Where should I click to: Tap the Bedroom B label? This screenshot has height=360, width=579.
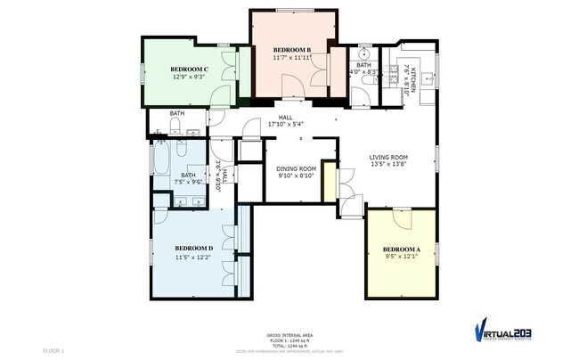point(291,49)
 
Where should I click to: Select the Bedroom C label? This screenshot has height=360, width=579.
point(190,69)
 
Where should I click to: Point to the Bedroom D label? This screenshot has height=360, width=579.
point(192,247)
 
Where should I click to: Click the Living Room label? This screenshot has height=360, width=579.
point(388,158)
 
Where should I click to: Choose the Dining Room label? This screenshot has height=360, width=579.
point(296,168)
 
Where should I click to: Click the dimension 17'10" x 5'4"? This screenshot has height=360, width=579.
point(286,125)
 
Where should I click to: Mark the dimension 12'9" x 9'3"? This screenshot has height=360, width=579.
point(190,77)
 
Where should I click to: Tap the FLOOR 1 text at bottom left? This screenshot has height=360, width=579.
point(53,351)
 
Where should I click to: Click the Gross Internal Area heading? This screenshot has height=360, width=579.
point(289,335)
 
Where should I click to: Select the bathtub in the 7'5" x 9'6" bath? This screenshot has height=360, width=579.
point(163,160)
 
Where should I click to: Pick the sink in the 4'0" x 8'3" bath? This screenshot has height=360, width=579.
point(365,50)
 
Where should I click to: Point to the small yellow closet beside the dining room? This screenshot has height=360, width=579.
point(330,182)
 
